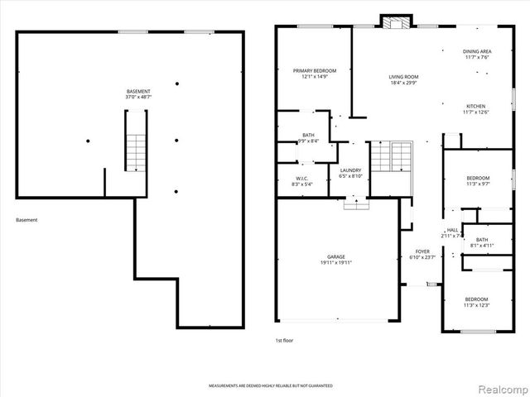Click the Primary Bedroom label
(314, 71)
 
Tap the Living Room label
(404, 77)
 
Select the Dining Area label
(477, 51)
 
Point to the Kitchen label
(475, 107)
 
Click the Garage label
(335, 256)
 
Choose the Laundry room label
(351, 170)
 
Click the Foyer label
(422, 251)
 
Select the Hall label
(452, 230)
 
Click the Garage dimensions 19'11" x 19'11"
(335, 263)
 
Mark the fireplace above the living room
(393, 22)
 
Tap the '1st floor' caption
(284, 340)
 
